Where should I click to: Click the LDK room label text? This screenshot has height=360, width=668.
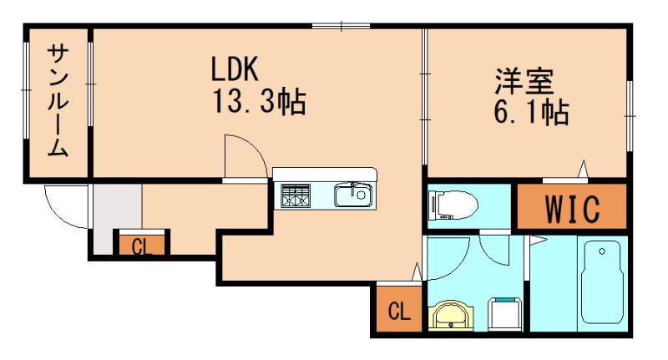coord(238,68)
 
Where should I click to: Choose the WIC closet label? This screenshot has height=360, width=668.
coord(572,210)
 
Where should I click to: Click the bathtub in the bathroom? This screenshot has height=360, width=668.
coord(602,283)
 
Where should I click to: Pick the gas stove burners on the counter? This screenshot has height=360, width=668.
coord(295,197)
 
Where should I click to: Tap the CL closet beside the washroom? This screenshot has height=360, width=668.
coord(398,312)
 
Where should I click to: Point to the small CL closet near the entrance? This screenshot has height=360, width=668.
coord(141,246)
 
